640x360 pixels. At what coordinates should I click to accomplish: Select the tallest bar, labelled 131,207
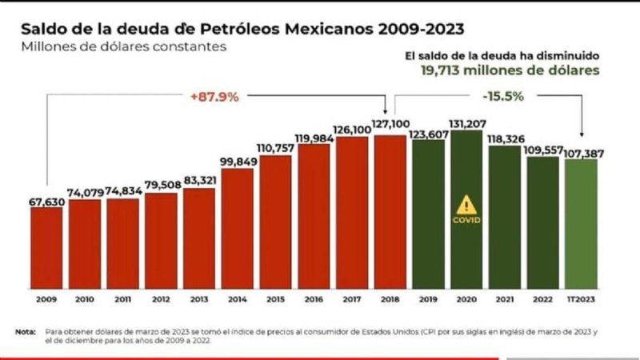click(x=467, y=208)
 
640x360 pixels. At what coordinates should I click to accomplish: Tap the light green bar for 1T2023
click(x=582, y=224)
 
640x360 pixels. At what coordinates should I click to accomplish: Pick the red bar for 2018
click(x=390, y=212)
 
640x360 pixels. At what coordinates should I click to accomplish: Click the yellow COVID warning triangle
click(x=466, y=205)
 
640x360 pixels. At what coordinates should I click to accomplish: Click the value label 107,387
click(x=582, y=152)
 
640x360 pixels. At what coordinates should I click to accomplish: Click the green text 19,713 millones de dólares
click(x=510, y=70)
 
